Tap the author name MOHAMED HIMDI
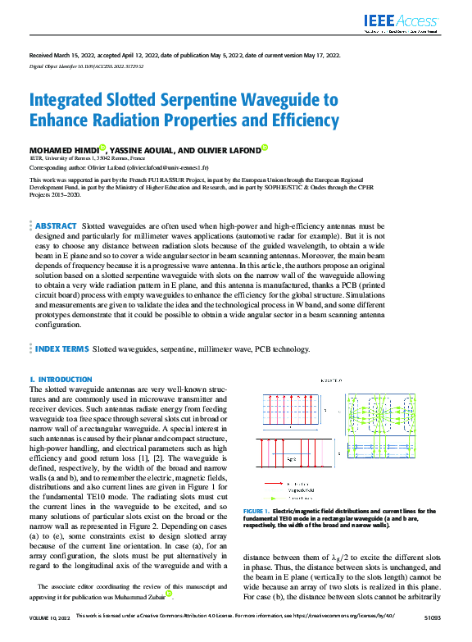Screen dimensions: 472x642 pos(61,151)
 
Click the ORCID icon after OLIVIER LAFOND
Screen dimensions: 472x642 pos(265,150)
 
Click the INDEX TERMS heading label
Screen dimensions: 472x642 pos(61,348)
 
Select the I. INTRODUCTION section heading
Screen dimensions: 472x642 pos(61,380)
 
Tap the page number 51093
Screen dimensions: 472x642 pos(430,636)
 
